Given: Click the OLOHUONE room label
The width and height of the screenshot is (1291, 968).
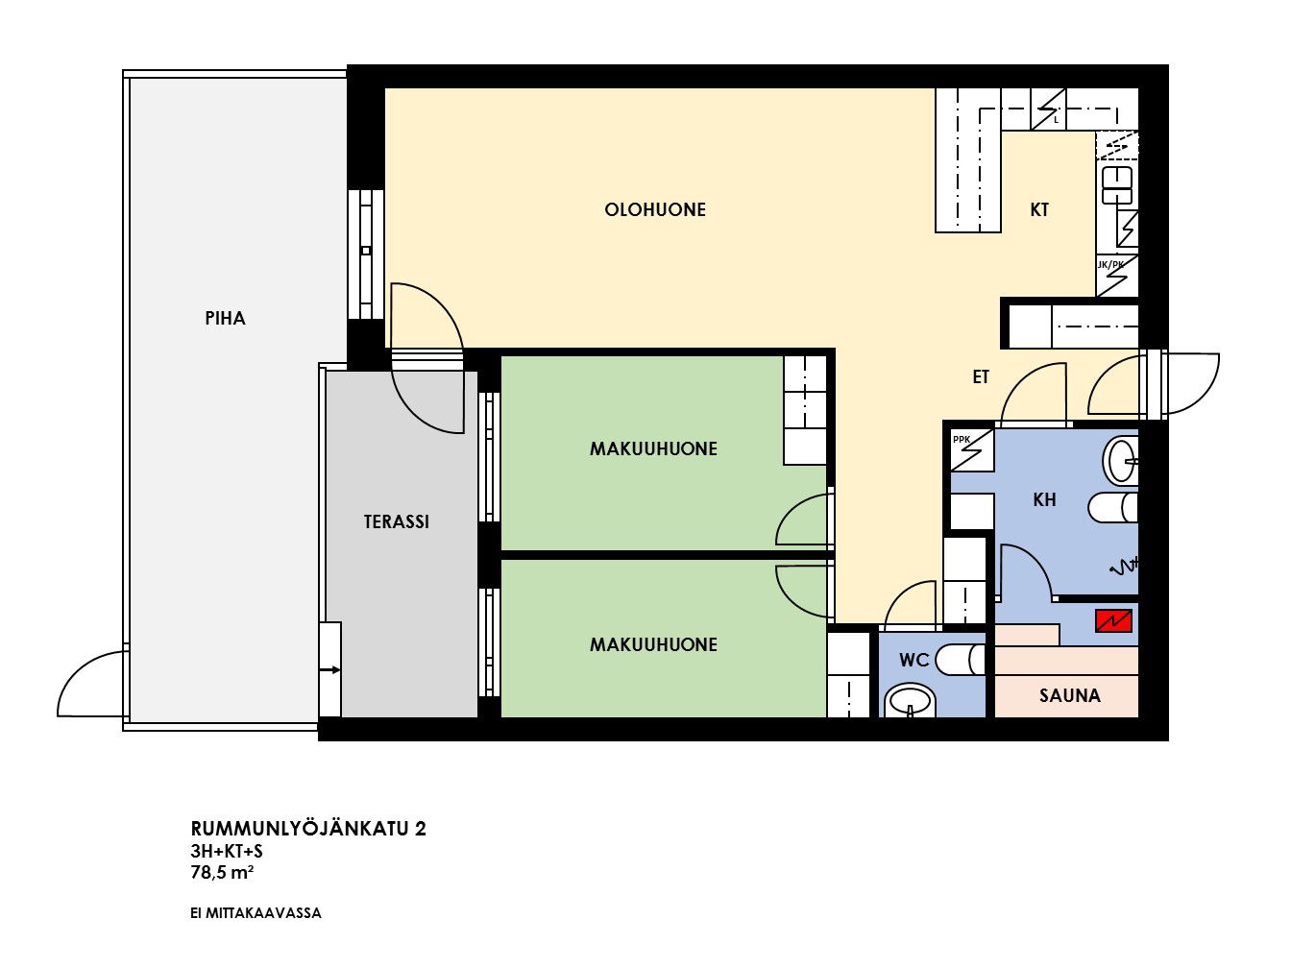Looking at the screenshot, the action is click(x=654, y=209).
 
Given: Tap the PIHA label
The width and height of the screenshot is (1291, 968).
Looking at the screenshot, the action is click(x=225, y=318).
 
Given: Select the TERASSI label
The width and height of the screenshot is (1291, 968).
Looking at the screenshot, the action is click(x=396, y=521).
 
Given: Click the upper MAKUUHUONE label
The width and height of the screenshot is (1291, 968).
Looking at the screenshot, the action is click(x=653, y=449).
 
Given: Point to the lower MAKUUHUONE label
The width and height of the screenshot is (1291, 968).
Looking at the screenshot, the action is click(x=653, y=644).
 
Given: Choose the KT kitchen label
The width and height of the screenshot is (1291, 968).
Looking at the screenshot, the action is click(x=1039, y=209).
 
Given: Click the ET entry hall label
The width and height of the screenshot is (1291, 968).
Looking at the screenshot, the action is click(x=981, y=376).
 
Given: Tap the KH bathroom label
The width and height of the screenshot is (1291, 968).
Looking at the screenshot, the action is click(x=1044, y=499).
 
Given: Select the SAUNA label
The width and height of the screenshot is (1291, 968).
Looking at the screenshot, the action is click(x=1069, y=695).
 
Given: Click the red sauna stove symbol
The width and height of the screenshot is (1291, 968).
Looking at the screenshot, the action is click(x=1113, y=621).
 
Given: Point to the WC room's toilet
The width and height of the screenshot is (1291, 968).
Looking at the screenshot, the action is click(x=960, y=660).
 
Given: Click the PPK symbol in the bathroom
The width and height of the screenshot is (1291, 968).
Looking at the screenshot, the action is click(x=972, y=450).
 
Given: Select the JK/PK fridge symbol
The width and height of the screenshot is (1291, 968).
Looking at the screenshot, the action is click(x=1116, y=275).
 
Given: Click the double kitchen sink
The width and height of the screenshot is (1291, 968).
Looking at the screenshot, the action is click(x=1117, y=185).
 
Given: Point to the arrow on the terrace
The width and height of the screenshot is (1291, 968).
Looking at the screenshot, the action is click(x=329, y=669).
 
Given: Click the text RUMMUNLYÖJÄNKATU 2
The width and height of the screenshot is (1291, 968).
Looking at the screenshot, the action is click(x=308, y=829).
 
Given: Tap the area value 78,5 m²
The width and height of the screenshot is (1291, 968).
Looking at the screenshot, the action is click(x=222, y=873).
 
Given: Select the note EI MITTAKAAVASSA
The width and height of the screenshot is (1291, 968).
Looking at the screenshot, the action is click(x=256, y=913).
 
